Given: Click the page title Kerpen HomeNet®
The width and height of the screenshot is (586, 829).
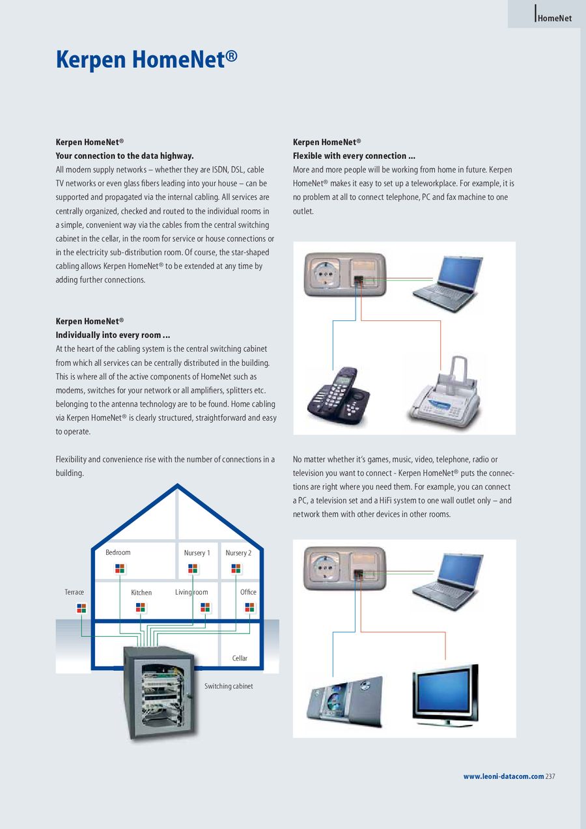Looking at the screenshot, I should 146,59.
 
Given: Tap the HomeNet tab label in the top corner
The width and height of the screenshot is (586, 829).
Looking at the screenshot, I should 555,18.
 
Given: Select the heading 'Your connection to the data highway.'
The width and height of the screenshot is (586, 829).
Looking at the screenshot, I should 124,156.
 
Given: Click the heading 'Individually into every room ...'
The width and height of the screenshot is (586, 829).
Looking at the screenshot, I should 113,335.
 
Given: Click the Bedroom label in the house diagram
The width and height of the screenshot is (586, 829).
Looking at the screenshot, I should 118,552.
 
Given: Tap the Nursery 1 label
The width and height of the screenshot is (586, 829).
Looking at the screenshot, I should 197,553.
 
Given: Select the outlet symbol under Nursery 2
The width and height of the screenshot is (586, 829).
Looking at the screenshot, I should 236,569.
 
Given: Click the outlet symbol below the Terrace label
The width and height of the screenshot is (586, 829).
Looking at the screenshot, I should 81,608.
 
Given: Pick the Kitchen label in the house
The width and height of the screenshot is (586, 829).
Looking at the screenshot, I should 141,593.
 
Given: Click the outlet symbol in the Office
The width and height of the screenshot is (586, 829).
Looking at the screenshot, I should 249,608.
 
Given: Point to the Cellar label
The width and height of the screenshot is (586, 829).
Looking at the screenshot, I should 240,658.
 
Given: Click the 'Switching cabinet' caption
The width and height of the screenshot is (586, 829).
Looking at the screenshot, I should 229,686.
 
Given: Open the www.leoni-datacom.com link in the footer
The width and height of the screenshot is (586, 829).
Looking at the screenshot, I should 503,776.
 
